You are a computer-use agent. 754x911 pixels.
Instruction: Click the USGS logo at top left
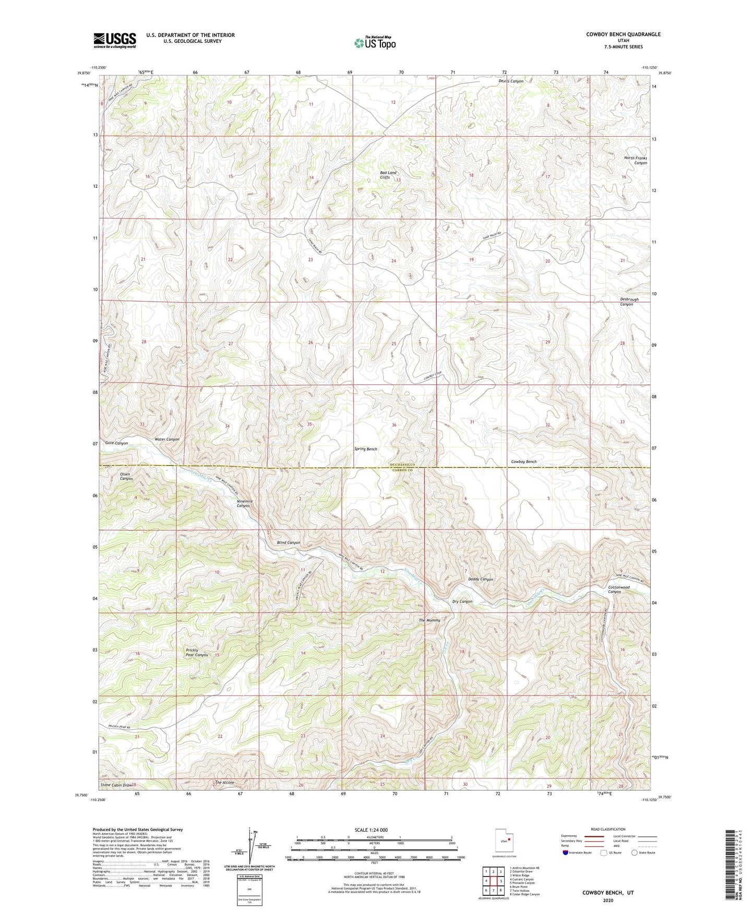115,40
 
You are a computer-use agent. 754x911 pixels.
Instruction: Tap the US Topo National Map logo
375,43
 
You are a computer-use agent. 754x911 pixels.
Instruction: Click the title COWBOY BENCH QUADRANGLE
616,34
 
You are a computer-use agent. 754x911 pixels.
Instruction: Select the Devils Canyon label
511,81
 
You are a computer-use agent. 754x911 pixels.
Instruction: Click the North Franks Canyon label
636,160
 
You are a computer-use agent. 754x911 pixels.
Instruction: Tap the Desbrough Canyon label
629,302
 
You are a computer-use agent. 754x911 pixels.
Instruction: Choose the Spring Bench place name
365,449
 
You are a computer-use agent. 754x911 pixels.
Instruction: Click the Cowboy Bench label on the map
523,462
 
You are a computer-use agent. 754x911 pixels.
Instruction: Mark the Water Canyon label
167,439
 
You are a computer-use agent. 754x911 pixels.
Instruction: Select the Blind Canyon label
289,543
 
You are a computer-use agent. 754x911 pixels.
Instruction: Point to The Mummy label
429,620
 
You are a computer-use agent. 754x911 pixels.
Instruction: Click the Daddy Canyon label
480,579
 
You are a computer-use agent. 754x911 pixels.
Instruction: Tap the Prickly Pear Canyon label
197,652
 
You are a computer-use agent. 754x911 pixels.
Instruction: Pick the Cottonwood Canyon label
619,589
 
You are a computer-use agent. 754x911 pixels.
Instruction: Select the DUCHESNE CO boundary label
401,465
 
